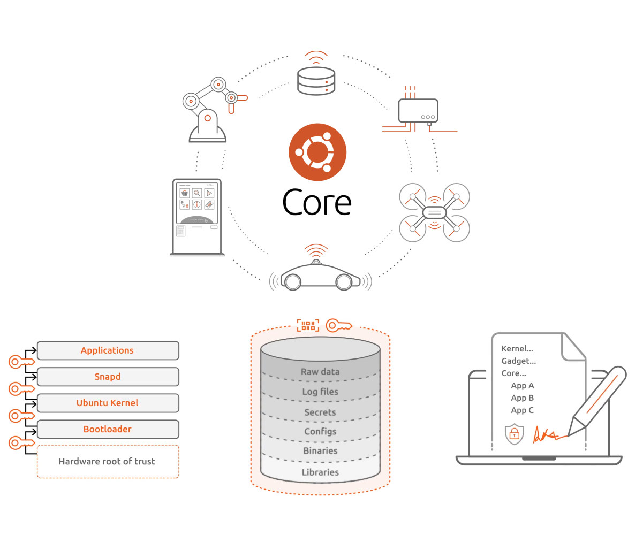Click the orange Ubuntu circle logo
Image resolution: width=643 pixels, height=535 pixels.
pos(317,152)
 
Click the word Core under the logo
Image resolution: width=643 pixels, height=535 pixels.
pos(317,202)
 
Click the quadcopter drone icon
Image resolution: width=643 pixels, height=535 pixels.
pos(435,212)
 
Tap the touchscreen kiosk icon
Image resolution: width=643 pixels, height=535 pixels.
pos(197,217)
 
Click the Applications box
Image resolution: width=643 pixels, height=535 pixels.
pos(108,350)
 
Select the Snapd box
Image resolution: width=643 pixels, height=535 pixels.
pos(108,377)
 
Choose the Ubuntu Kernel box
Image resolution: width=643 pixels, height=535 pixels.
pos(108,403)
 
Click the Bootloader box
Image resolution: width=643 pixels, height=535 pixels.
pos(108,429)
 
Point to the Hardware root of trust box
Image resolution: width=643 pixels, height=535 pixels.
pos(108,461)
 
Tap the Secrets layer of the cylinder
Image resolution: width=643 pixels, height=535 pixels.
pos(320,412)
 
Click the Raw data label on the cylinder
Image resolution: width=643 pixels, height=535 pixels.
pos(320,372)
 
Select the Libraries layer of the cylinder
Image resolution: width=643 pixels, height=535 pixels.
pos(320,472)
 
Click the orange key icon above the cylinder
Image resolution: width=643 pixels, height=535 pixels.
pos(339,325)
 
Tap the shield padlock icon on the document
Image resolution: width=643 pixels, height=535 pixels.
pos(515,434)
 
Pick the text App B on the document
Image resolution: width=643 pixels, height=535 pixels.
pos(522,398)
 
